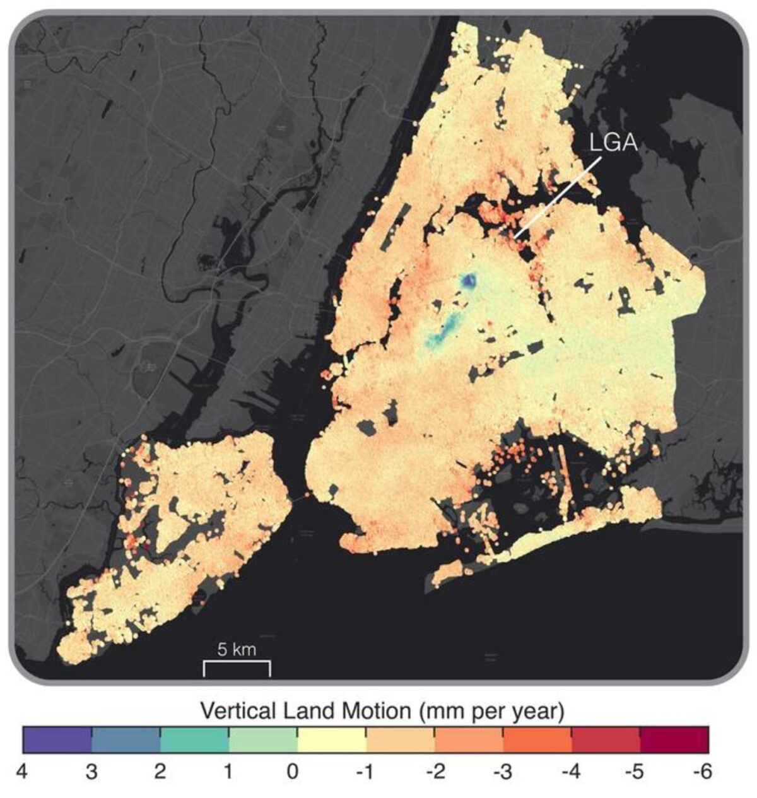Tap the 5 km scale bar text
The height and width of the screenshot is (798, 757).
click(x=237, y=649)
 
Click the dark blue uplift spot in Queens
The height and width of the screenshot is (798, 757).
click(x=469, y=281)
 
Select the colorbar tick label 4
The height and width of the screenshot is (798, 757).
click(x=24, y=772)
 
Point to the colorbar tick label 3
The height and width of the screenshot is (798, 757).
click(x=92, y=772)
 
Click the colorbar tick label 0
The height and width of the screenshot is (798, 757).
click(x=292, y=772)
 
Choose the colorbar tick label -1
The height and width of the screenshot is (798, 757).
click(x=365, y=772)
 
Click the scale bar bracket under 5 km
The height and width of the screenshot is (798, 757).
click(x=237, y=669)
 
